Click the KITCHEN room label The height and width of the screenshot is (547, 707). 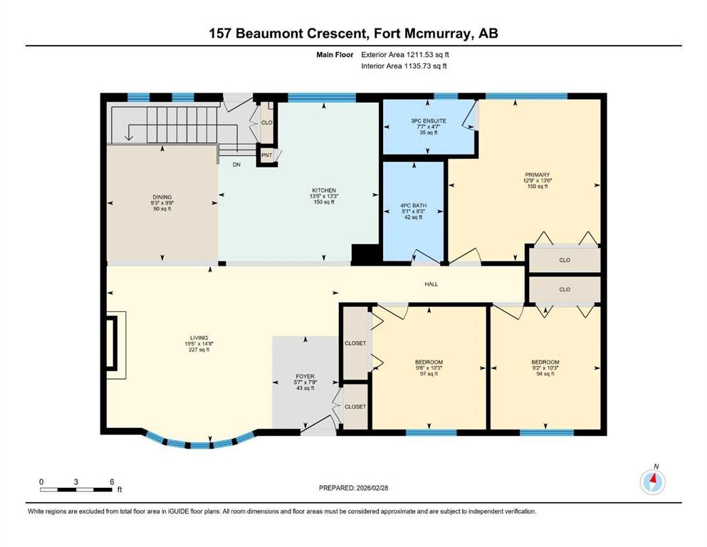[x=323, y=191]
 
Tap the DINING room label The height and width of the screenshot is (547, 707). [x=162, y=197]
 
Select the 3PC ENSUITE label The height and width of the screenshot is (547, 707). [x=428, y=121]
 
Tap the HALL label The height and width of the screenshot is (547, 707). [x=431, y=284]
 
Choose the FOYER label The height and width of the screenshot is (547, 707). [x=305, y=376]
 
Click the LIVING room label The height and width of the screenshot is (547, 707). [x=198, y=338]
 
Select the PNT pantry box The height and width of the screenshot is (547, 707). [x=267, y=155]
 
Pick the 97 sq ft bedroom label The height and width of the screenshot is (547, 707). [x=429, y=361]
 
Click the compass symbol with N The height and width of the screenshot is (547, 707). [x=652, y=481]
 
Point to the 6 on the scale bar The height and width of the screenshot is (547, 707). [x=112, y=482]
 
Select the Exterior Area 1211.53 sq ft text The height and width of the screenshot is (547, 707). [x=404, y=54]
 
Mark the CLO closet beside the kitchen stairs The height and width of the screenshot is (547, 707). [x=267, y=122]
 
